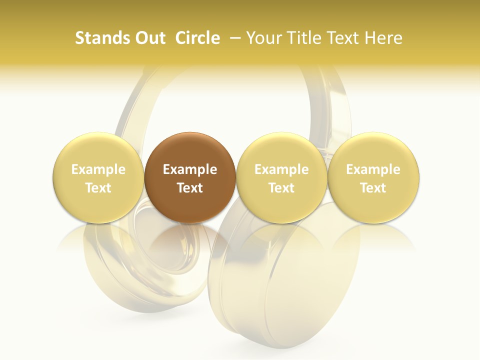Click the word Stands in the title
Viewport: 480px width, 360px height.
100,38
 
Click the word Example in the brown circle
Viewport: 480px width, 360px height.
190,169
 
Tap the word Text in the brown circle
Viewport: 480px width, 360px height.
190,188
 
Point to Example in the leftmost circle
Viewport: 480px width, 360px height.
98,169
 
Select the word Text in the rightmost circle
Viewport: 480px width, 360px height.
373,188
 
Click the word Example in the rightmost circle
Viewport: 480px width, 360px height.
373,169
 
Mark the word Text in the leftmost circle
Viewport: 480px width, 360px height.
98,188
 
